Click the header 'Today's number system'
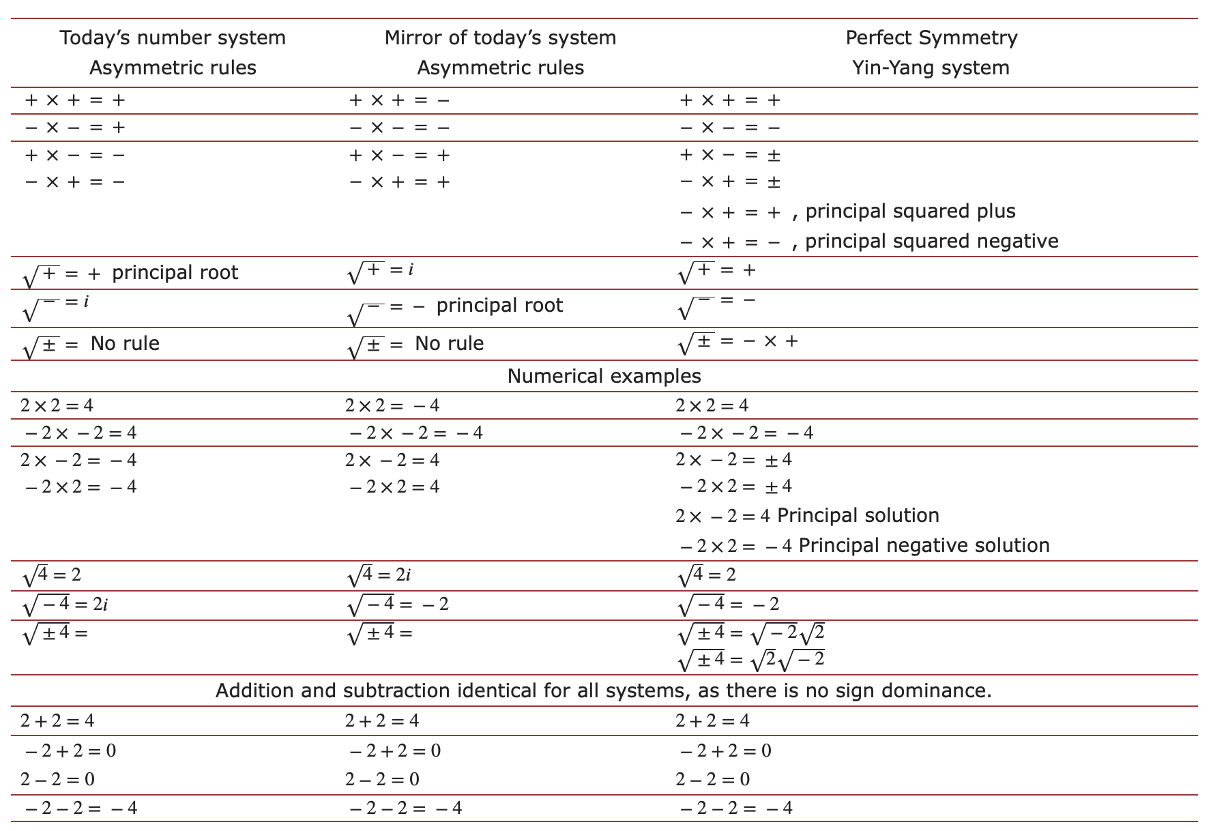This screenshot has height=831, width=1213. point(173,38)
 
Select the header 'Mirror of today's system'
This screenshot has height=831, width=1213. point(500,38)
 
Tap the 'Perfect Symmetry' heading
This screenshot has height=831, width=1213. point(931,38)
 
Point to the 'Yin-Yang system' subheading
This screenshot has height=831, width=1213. point(931,68)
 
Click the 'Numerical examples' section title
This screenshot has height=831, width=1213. point(604,376)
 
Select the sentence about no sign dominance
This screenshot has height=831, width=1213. point(604,690)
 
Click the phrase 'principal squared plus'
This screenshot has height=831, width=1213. point(910,212)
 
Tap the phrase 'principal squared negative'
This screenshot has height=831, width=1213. point(932,242)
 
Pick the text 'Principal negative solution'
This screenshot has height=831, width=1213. point(924,545)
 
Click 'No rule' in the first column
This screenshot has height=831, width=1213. point(125,343)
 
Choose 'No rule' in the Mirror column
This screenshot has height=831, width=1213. point(449,343)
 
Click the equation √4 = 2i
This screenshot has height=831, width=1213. point(379,576)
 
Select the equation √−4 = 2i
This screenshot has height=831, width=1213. point(65,605)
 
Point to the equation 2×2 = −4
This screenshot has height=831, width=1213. point(392,406)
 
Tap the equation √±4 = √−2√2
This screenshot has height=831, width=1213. point(750,634)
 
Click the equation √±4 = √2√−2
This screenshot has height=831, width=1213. point(750,660)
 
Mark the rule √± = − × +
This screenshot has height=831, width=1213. point(737,342)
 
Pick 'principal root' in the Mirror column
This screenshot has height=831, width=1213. point(499,306)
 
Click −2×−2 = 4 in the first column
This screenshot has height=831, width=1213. point(81,433)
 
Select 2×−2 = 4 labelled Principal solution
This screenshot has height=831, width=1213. point(723,516)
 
